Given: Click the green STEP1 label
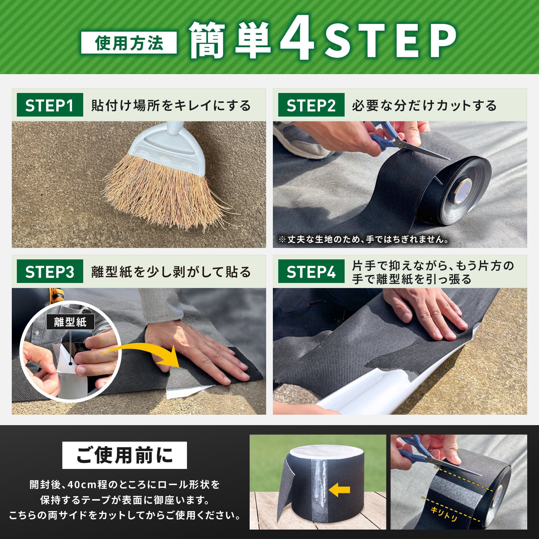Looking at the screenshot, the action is pos(50,105).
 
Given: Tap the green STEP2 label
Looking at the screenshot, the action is pos(311,105).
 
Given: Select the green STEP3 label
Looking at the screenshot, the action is pos(50,272).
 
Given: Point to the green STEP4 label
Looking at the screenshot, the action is pos(311,272).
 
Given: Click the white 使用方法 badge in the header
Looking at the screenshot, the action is pos(129,43).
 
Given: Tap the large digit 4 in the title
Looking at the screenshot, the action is pos(297,38).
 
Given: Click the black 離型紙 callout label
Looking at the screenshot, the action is pos(70,322).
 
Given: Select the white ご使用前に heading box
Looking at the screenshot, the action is pos(125,455).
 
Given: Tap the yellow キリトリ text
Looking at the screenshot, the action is pos(444,515).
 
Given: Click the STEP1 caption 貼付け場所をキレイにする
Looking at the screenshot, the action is pos(171,105).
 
